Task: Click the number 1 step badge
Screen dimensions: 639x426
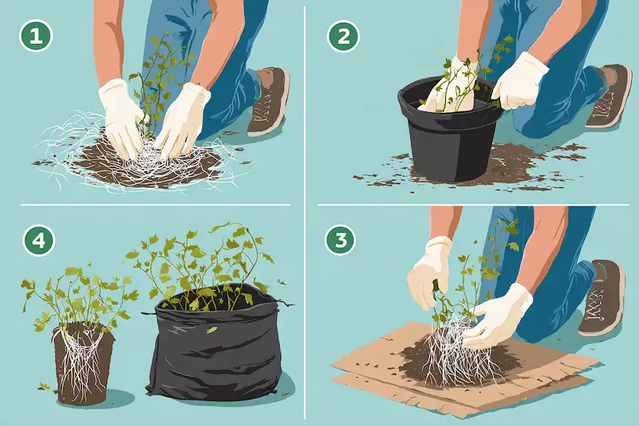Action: click(x=36, y=36)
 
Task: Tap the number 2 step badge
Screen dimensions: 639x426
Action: click(x=344, y=36)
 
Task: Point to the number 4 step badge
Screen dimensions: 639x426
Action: click(x=39, y=241)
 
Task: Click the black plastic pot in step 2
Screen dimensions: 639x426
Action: click(x=449, y=134)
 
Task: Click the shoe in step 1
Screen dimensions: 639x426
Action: click(x=268, y=102)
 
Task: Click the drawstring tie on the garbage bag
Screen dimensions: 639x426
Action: click(x=285, y=304)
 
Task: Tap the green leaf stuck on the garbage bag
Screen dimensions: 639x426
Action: click(x=211, y=329)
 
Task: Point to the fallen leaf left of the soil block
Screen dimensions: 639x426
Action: click(x=43, y=386)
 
